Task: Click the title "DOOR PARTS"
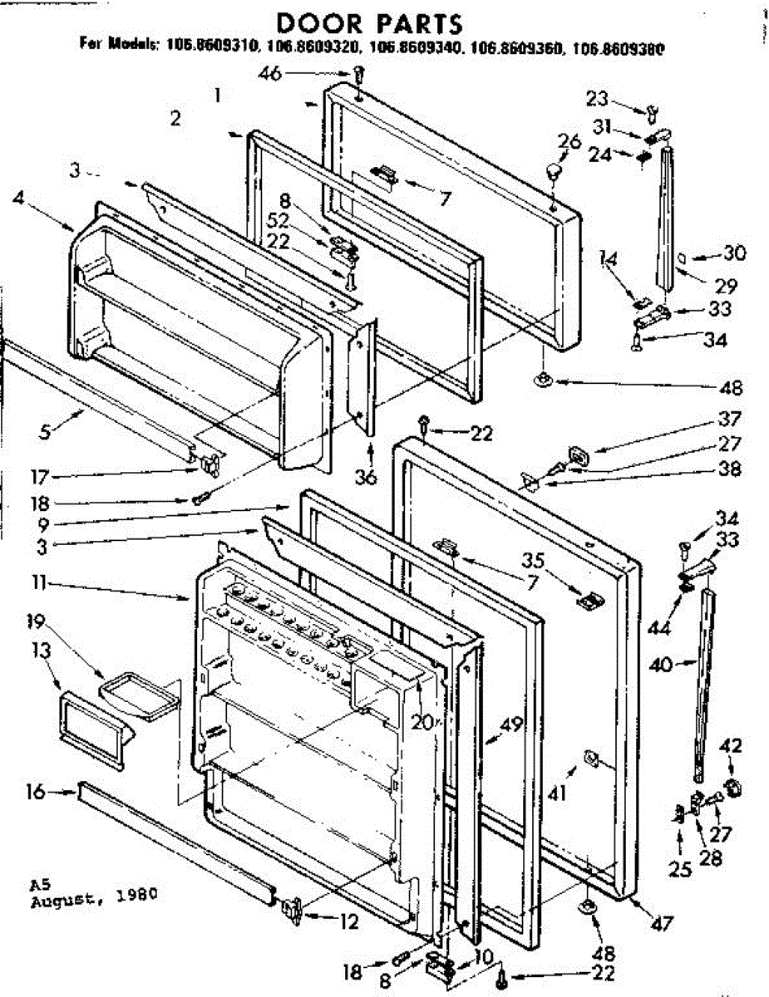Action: coord(369,22)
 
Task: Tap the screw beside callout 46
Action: coord(357,76)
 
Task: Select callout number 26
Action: coord(569,143)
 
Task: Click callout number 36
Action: coord(365,476)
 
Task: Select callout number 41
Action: coord(555,794)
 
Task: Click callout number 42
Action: coord(732,744)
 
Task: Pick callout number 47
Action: coord(663,921)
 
